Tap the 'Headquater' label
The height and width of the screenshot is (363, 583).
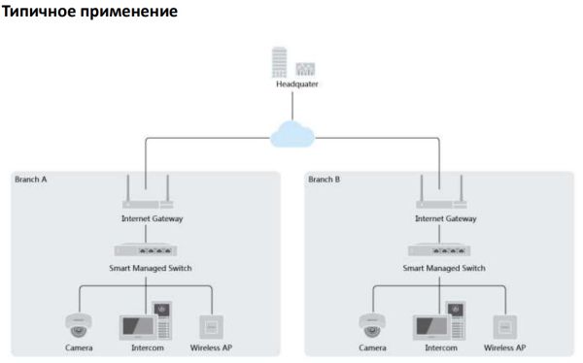292,84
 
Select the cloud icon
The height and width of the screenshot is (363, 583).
291,135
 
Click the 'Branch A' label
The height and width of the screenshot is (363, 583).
31,180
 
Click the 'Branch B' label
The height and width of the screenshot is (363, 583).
325,180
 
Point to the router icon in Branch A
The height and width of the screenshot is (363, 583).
145,198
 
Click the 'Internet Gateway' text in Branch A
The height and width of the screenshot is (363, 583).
145,219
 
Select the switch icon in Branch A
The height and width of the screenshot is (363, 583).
145,250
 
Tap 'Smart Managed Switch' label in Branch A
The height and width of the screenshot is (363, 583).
145,268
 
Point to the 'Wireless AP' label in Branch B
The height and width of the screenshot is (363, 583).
506,346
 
